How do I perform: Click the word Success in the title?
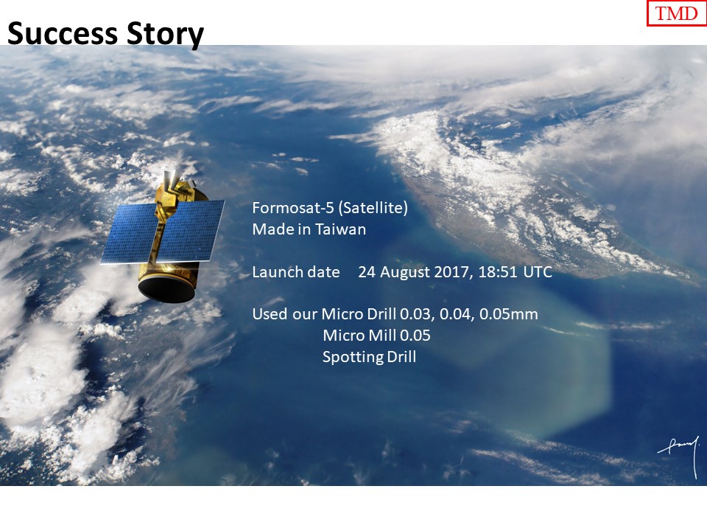(x=62, y=33)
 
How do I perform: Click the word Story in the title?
(x=165, y=35)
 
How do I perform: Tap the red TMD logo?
(x=676, y=13)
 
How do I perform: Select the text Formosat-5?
(x=293, y=208)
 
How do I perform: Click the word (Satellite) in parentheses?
(x=373, y=208)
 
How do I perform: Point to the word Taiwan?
(x=340, y=229)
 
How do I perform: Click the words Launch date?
(x=296, y=272)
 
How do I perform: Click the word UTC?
(x=538, y=272)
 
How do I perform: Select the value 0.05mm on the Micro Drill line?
(x=509, y=314)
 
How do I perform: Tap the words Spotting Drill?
(x=369, y=357)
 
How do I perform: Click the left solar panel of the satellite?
(x=129, y=233)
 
